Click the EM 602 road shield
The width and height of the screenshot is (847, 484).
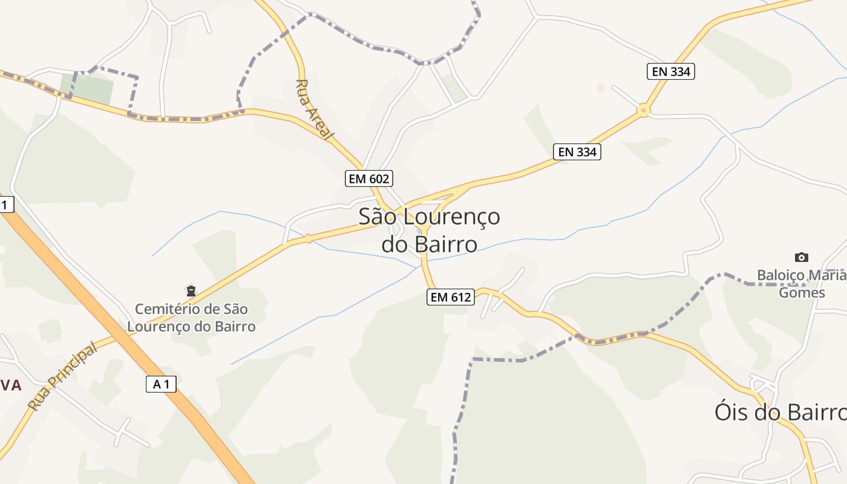(369, 178)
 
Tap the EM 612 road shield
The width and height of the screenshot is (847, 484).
(450, 297)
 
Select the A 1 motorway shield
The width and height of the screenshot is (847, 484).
(161, 384)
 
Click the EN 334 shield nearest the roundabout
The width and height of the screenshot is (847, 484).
(670, 71)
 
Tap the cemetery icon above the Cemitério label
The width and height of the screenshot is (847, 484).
(191, 291)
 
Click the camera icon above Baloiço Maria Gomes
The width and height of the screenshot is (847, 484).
(802, 257)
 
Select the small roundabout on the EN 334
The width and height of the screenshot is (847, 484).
(643, 111)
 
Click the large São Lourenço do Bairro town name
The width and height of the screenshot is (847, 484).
(430, 230)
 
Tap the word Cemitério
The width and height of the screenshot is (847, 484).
(168, 309)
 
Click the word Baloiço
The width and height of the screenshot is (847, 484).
(780, 276)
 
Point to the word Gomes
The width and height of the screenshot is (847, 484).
(802, 293)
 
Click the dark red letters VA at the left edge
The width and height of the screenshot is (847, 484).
(11, 385)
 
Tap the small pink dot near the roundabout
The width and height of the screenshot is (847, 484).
(601, 88)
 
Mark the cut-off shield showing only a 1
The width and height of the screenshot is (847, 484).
(5, 204)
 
